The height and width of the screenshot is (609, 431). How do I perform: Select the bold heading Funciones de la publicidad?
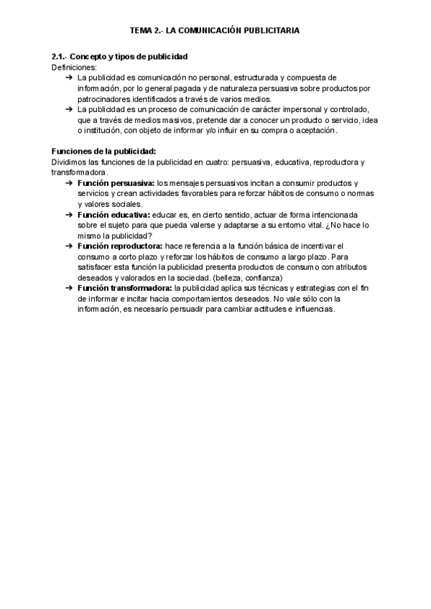point(103,152)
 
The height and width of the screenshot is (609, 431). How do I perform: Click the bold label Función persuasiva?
point(115,184)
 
